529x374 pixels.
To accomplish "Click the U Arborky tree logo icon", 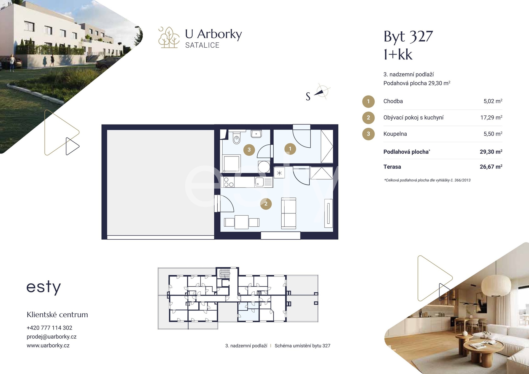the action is [169, 37].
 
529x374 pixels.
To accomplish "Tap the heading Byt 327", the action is [408, 36].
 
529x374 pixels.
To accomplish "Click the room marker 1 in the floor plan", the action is [290, 149].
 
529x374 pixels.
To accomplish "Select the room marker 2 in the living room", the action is [266, 204].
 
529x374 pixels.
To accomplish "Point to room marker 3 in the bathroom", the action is [249, 150].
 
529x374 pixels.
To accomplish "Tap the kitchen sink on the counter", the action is [260, 182].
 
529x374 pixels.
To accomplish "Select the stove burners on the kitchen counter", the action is [229, 182].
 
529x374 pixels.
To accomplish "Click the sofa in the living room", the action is [288, 213].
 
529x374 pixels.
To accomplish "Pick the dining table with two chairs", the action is [242, 222].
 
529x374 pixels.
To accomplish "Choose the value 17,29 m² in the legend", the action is [491, 118].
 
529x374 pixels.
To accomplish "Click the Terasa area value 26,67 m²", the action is [491, 167].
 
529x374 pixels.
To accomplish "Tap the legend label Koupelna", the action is [395, 134].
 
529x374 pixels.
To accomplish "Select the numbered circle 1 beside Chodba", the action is [368, 101].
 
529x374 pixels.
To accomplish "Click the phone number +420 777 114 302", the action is [49, 328].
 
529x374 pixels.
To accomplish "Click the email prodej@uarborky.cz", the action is [52, 337].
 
